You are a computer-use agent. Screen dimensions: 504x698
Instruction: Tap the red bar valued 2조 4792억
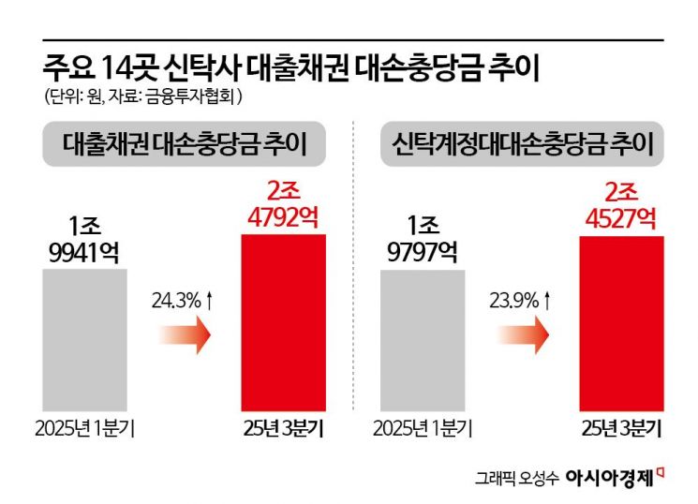[284, 322]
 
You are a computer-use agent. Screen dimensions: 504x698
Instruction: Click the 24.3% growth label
[184, 302]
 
